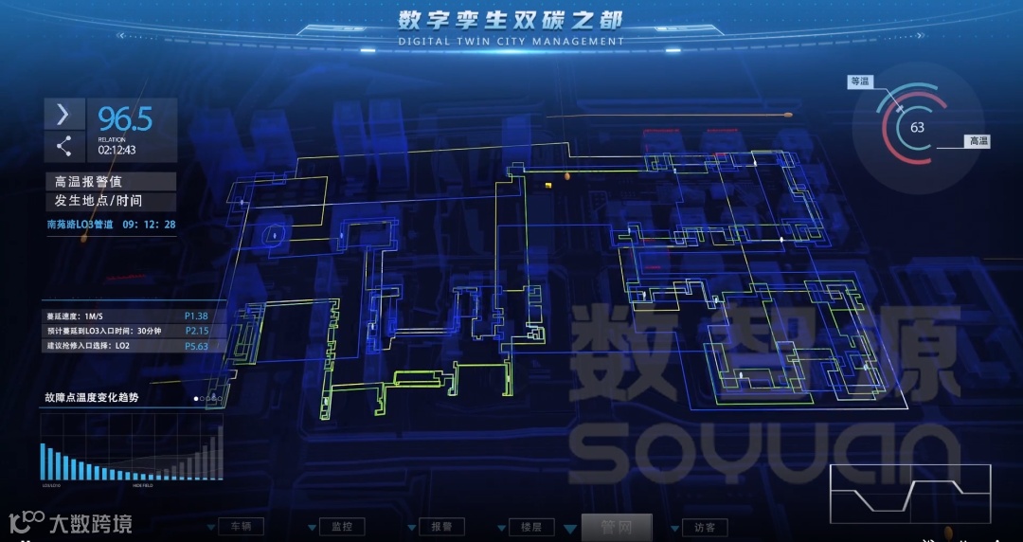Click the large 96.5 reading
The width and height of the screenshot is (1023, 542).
click(125, 119)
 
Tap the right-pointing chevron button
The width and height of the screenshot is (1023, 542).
click(63, 115)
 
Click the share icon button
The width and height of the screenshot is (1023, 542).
click(63, 146)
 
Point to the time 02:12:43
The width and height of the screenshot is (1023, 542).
click(117, 150)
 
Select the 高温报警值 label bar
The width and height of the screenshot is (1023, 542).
click(110, 181)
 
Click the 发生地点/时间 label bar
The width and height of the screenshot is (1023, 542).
click(110, 201)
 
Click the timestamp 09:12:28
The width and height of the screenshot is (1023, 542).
click(149, 225)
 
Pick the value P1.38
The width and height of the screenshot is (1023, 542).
click(196, 316)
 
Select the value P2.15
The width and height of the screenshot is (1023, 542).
click(196, 331)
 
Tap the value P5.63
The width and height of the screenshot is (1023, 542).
click(196, 346)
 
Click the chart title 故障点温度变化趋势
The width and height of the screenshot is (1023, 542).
click(91, 398)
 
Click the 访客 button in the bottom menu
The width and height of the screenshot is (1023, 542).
click(704, 527)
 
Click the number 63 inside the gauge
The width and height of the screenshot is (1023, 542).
click(917, 127)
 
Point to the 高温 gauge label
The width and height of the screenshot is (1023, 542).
click(978, 141)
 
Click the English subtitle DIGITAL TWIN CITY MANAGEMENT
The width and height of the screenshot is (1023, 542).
click(511, 42)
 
